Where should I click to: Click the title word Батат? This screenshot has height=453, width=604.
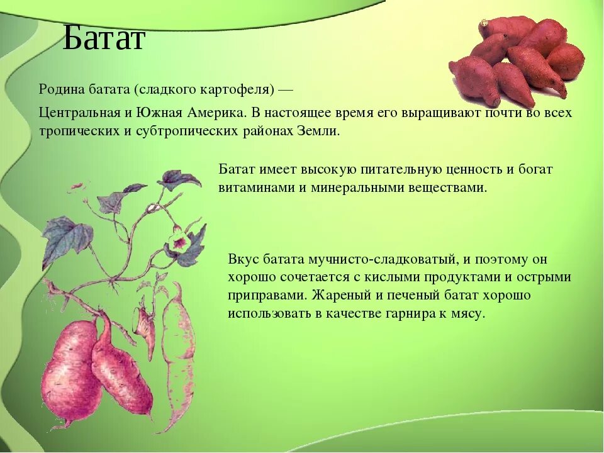coord(103,38)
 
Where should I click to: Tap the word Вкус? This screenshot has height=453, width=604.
coord(243,259)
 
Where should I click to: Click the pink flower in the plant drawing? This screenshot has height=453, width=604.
coord(179,243)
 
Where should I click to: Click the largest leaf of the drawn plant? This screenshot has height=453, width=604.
coord(66,238)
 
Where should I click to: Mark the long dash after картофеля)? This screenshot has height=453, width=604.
coord(286,91)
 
